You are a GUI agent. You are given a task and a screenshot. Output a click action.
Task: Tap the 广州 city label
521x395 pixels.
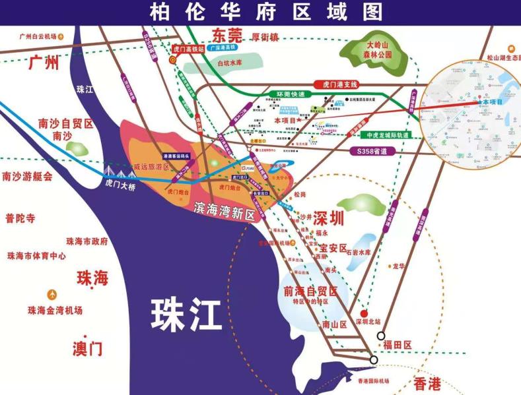(44, 63)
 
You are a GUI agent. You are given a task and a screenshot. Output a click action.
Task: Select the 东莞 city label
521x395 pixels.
(226, 36)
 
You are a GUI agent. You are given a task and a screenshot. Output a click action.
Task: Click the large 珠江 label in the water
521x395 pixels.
(186, 313)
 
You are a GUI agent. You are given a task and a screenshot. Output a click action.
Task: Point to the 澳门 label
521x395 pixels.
(88, 347)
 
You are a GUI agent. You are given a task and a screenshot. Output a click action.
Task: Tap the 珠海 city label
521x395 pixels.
(92, 278)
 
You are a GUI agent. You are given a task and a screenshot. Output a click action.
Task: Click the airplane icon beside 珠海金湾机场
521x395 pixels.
(52, 294)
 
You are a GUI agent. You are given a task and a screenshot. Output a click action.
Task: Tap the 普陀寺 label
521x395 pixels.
(19, 218)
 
